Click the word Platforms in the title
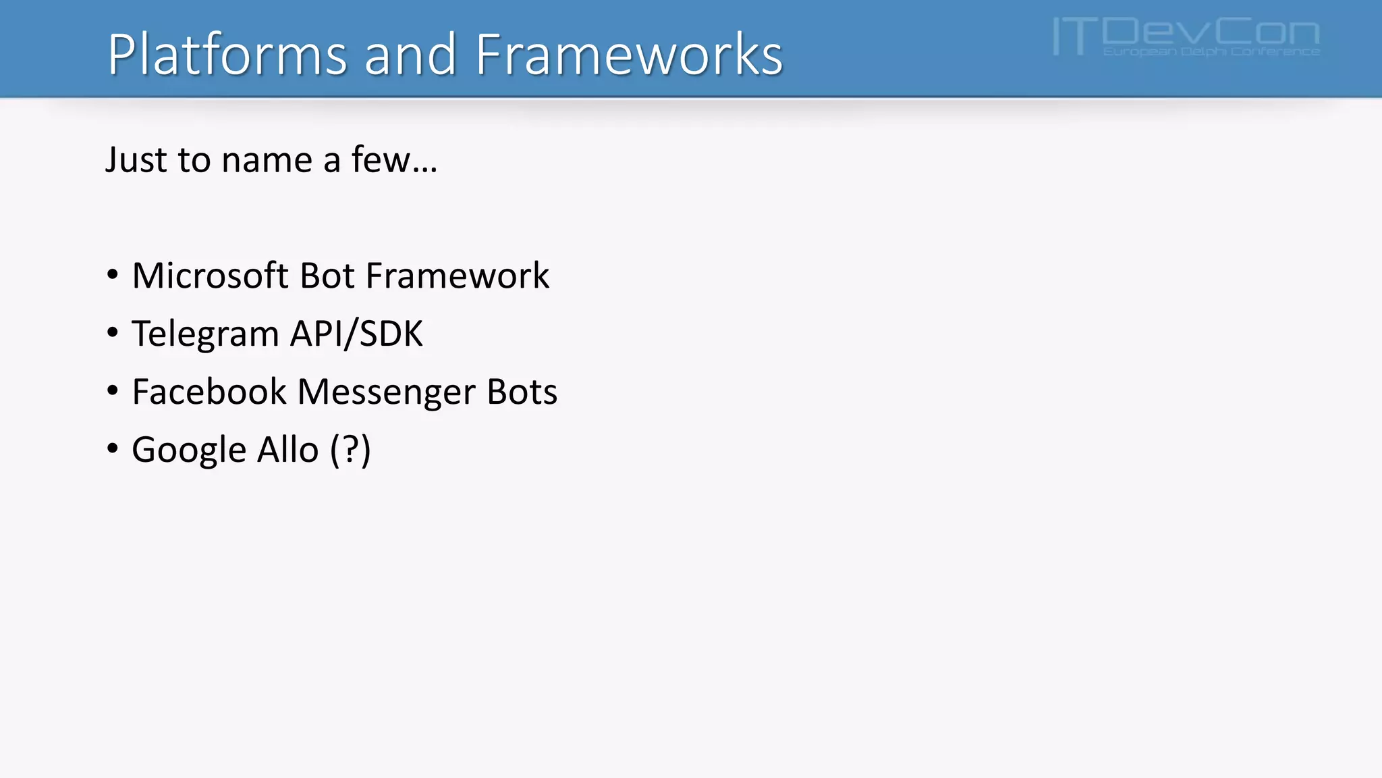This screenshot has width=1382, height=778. tap(227, 54)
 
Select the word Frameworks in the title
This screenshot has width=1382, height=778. tap(629, 54)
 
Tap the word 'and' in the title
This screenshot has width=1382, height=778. tap(410, 54)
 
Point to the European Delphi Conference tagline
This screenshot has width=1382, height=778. tap(1211, 51)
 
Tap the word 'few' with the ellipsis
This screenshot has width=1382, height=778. tap(393, 160)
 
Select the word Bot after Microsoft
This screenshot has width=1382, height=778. tap(327, 276)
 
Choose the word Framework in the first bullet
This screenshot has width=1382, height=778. tap(458, 276)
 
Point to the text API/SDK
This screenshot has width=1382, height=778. tap(356, 334)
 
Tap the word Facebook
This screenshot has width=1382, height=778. tap(209, 392)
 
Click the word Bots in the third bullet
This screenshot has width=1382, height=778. tap(522, 392)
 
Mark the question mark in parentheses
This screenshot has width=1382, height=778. tap(350, 450)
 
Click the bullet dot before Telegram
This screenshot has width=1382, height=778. tap(113, 332)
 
